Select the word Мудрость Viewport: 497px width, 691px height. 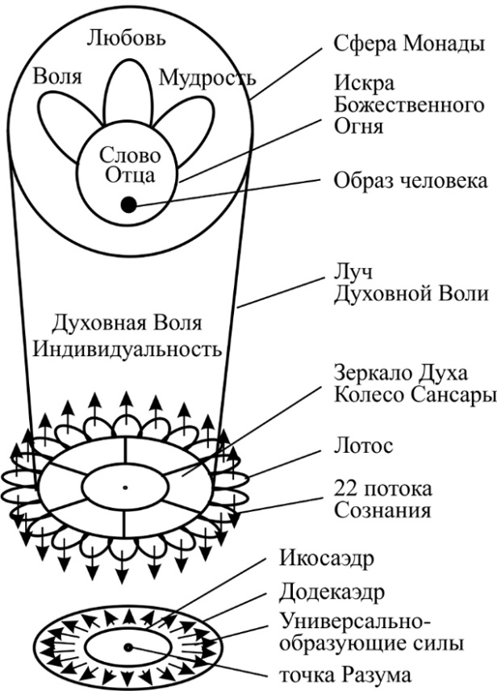207,78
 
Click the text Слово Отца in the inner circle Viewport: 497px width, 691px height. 129,164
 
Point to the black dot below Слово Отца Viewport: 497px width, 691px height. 128,205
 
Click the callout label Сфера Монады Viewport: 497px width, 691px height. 410,44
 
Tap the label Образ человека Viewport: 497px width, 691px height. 411,179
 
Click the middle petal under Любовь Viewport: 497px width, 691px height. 129,97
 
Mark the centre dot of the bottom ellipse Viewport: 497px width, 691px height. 127,647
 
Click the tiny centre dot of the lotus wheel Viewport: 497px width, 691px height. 125,487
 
